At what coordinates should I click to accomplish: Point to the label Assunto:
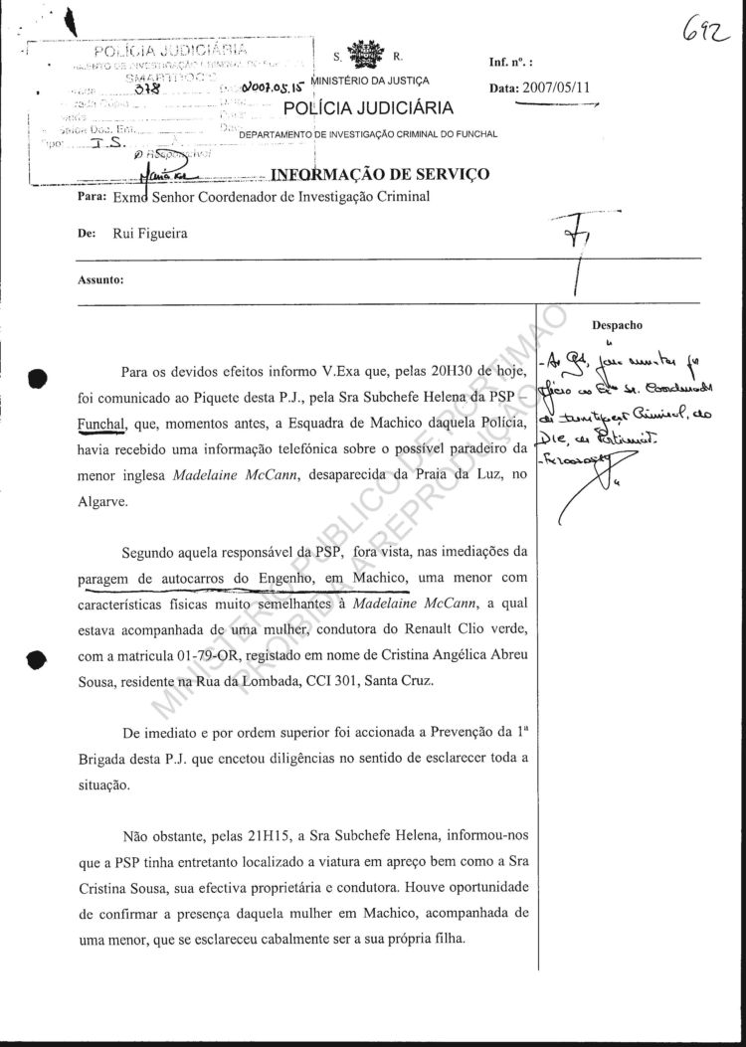pyautogui.click(x=100, y=279)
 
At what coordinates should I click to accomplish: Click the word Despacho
pyautogui.click(x=618, y=324)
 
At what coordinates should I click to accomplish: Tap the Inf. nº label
pyautogui.click(x=512, y=62)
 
